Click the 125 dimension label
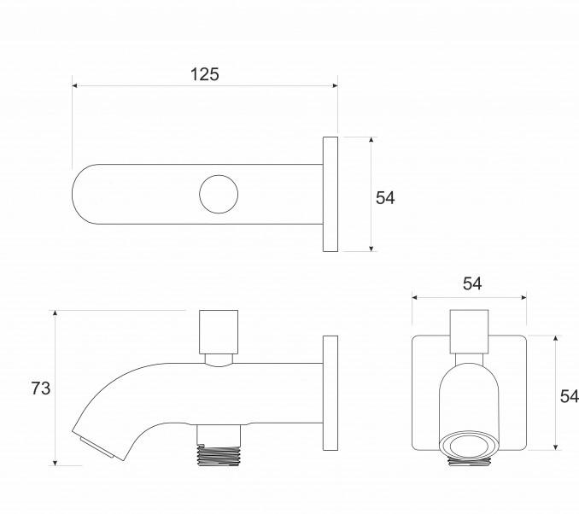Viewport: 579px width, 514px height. tap(205, 74)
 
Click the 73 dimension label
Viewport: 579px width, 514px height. tap(41, 388)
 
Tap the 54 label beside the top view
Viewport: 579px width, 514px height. tap(385, 198)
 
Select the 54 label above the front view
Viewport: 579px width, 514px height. tap(472, 283)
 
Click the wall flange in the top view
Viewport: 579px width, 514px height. tap(330, 194)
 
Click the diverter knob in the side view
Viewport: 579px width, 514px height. tap(219, 332)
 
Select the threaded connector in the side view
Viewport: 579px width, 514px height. tap(219, 455)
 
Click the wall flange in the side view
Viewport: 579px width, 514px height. tap(330, 393)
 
